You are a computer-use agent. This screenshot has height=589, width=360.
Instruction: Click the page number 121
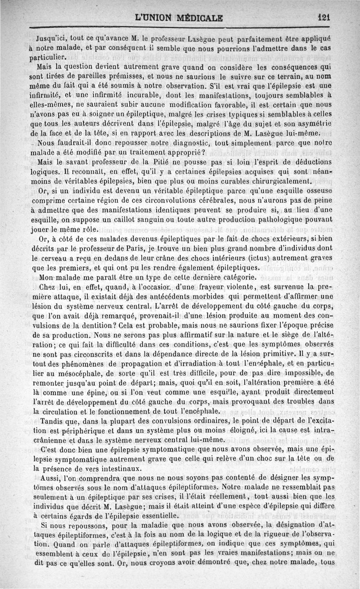[324, 17]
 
